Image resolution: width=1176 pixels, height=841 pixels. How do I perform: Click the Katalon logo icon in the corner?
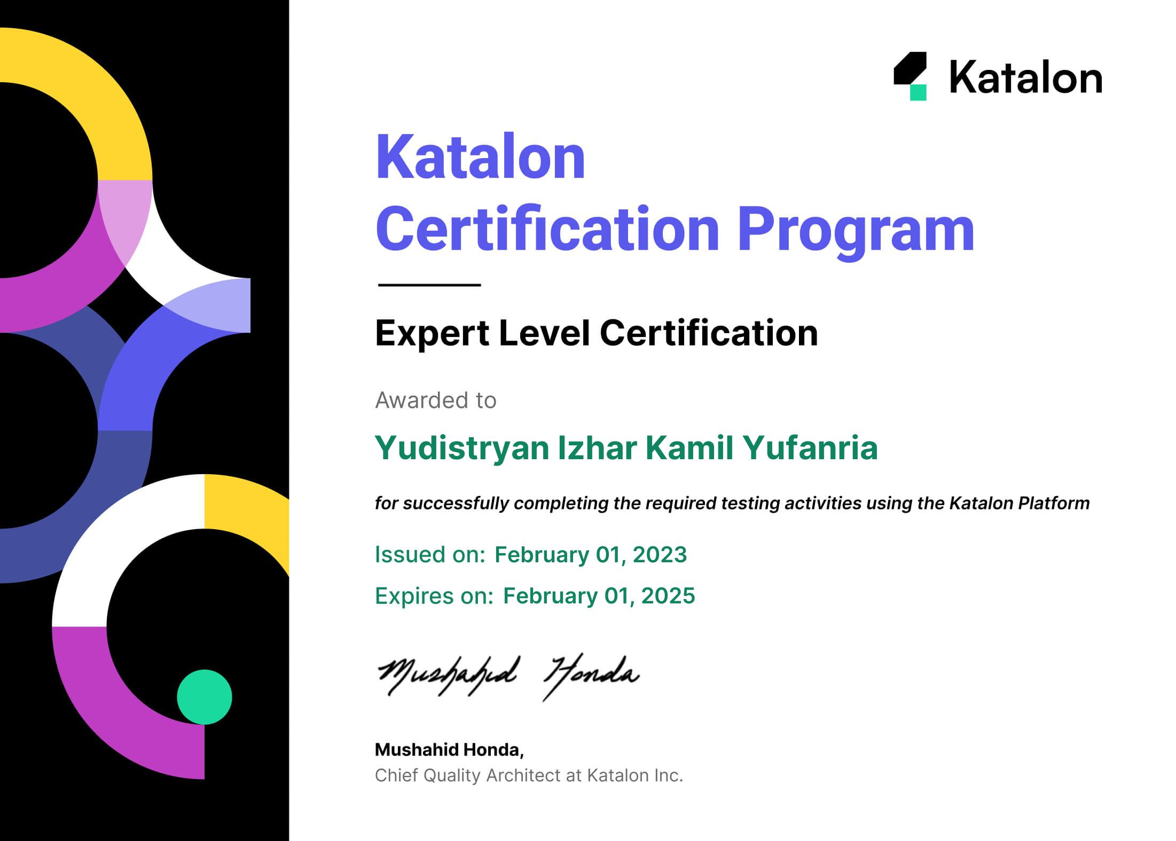[x=910, y=76]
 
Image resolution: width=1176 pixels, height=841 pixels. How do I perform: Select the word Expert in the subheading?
[x=432, y=333]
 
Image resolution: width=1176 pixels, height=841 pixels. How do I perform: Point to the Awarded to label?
[x=436, y=400]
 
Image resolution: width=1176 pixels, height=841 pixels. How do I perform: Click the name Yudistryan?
[x=462, y=449]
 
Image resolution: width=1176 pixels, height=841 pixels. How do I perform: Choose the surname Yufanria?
[x=810, y=447]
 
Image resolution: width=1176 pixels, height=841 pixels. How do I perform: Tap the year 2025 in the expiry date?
[x=668, y=596]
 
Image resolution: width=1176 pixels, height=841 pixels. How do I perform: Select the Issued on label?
[x=430, y=555]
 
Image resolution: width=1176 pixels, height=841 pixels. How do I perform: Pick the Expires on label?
[x=434, y=596]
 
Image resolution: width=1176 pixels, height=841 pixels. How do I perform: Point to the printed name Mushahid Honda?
[x=449, y=750]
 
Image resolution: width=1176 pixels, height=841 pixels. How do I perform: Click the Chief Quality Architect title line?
[x=529, y=775]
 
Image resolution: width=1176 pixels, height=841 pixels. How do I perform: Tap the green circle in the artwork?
[x=205, y=697]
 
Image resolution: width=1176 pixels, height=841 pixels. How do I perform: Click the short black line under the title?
[x=429, y=285]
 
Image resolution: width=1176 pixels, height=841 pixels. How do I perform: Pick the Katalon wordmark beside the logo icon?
[x=1026, y=77]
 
